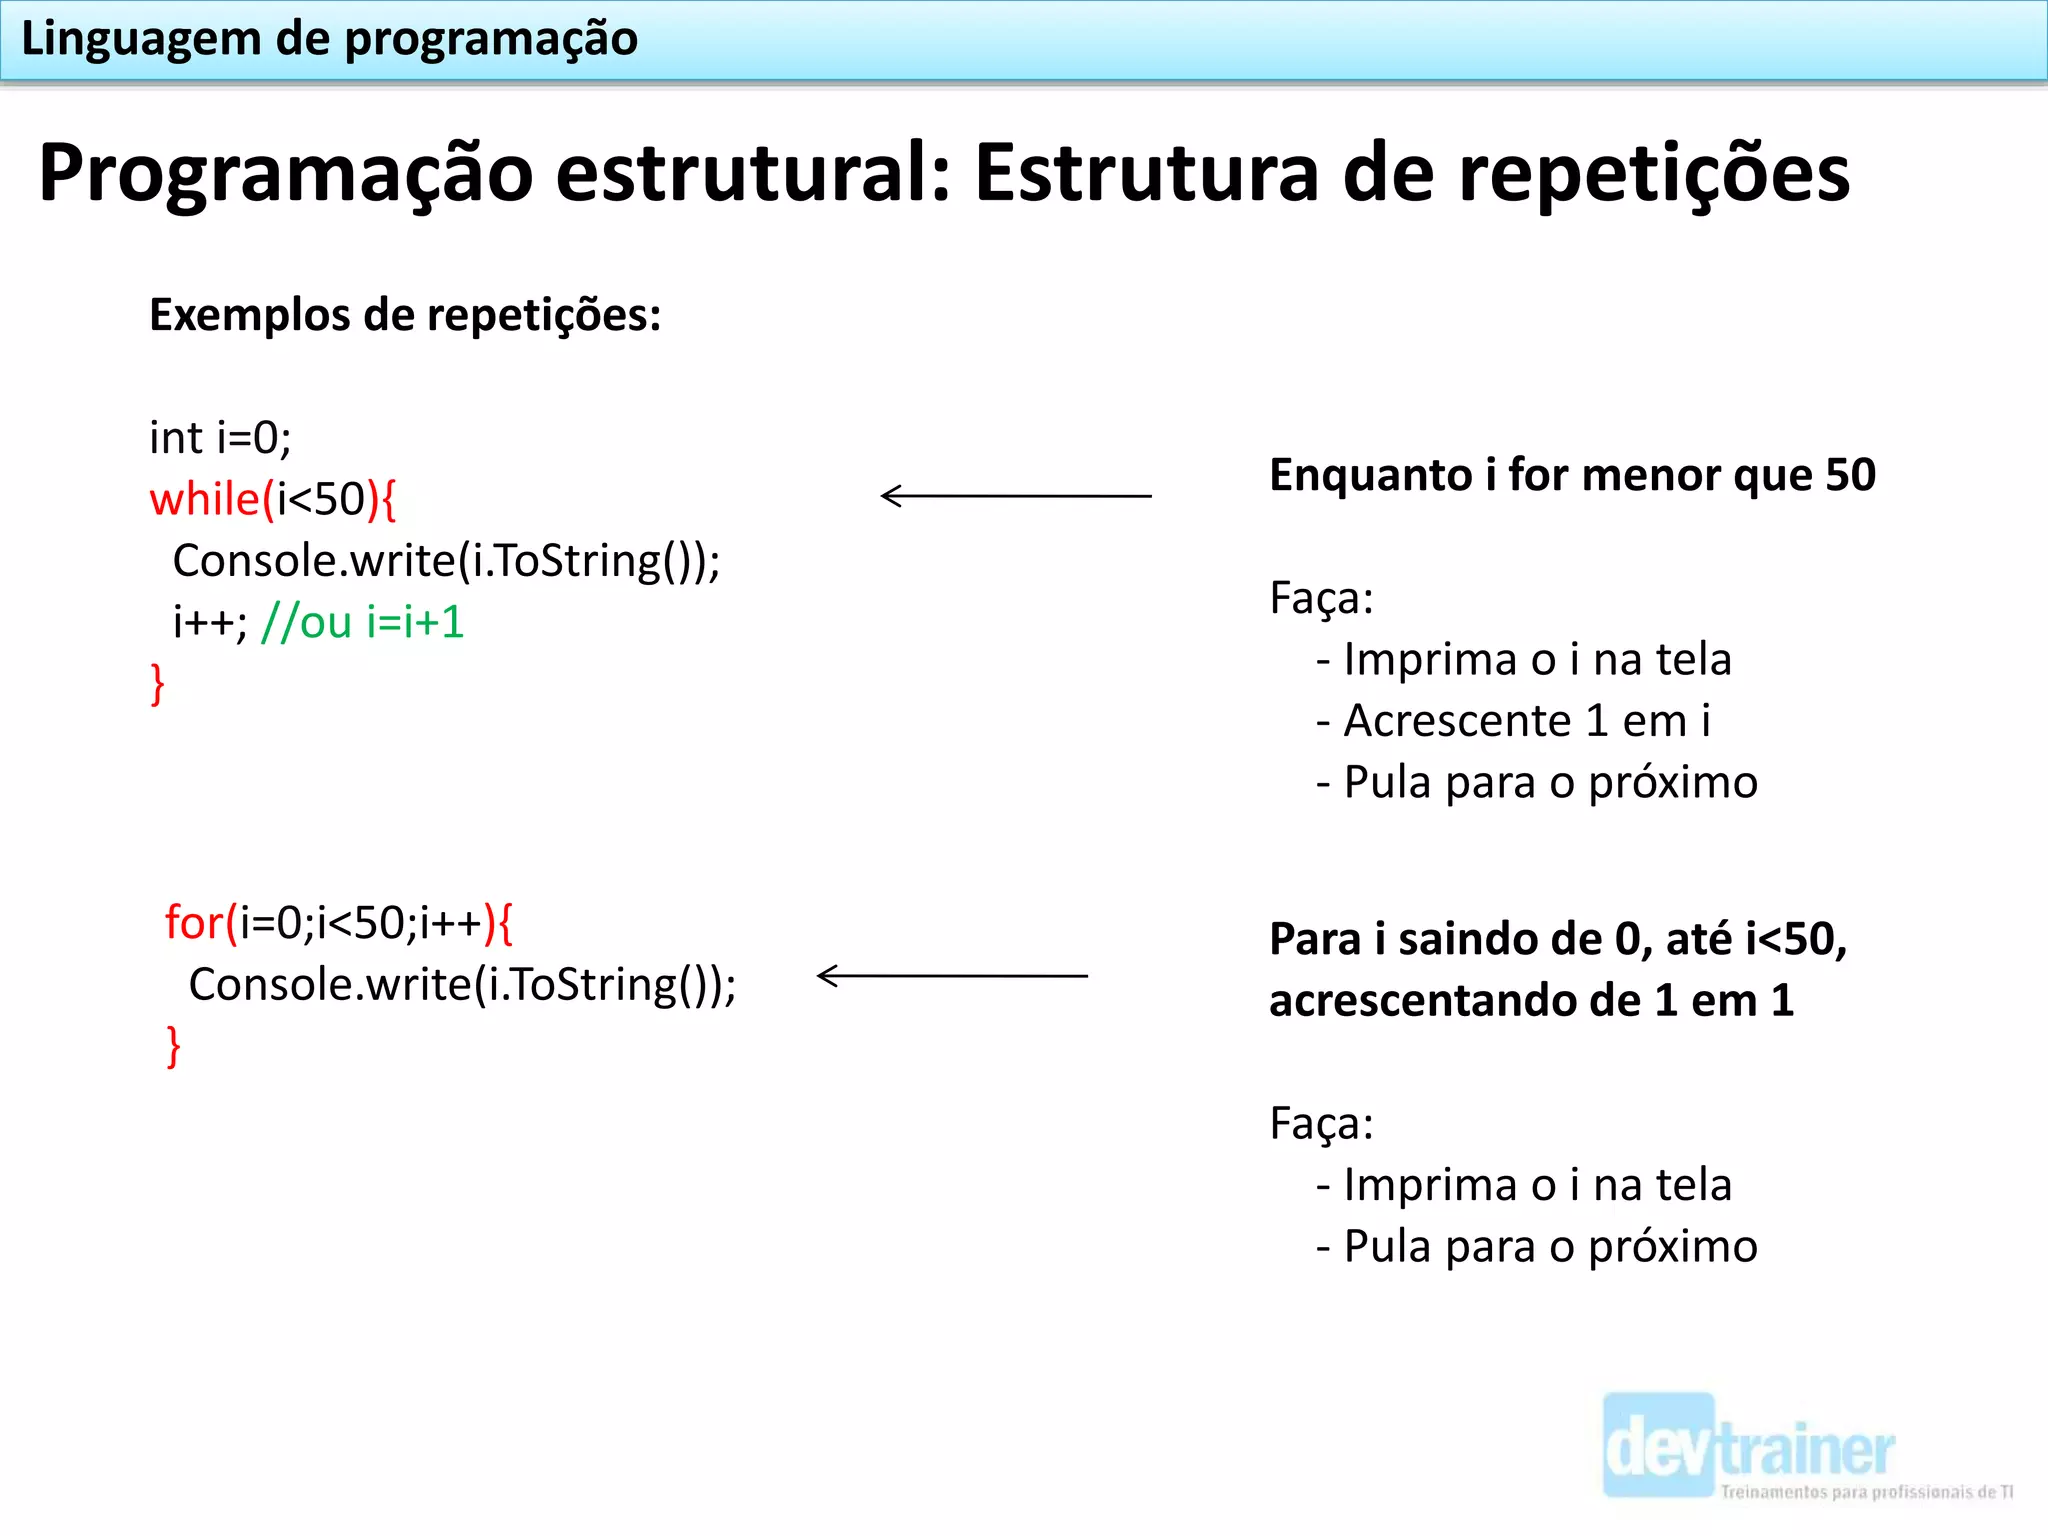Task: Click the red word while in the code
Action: [205, 499]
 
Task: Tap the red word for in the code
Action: [195, 922]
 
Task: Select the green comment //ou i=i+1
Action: [362, 622]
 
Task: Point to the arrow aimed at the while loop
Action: [1015, 495]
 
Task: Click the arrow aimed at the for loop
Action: [951, 975]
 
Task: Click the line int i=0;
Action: [220, 438]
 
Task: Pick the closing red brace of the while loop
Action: [157, 684]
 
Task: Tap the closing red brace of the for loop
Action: [173, 1046]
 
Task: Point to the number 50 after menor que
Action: [1850, 475]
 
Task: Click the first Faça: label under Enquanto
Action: [1321, 598]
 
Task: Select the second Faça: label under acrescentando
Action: [1321, 1123]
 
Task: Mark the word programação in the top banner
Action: [491, 39]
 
